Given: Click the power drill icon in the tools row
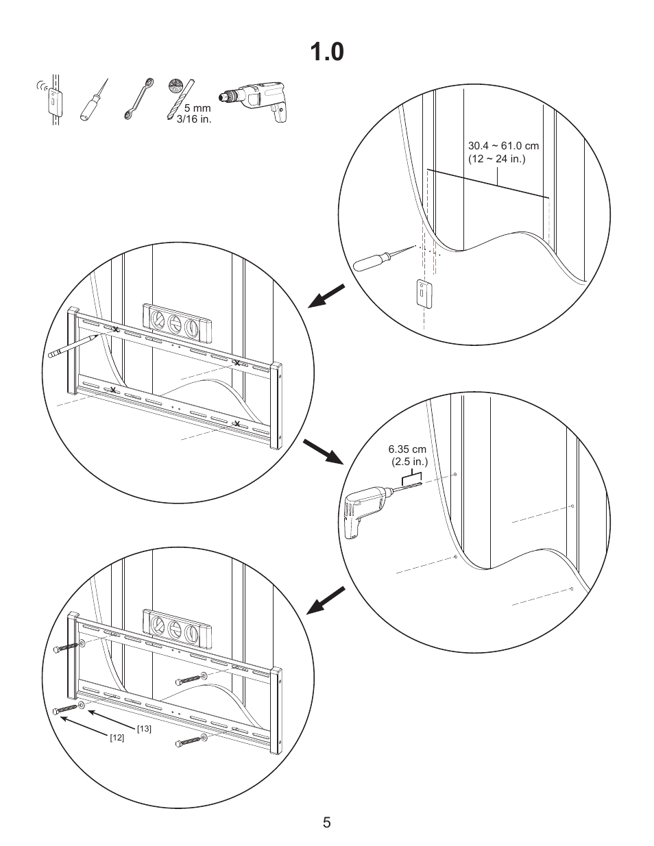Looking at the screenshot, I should pos(255,102).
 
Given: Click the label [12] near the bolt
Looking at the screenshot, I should pos(117,738).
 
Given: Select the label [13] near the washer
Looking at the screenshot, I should pos(144,728).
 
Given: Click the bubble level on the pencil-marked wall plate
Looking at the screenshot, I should pos(178,322).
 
